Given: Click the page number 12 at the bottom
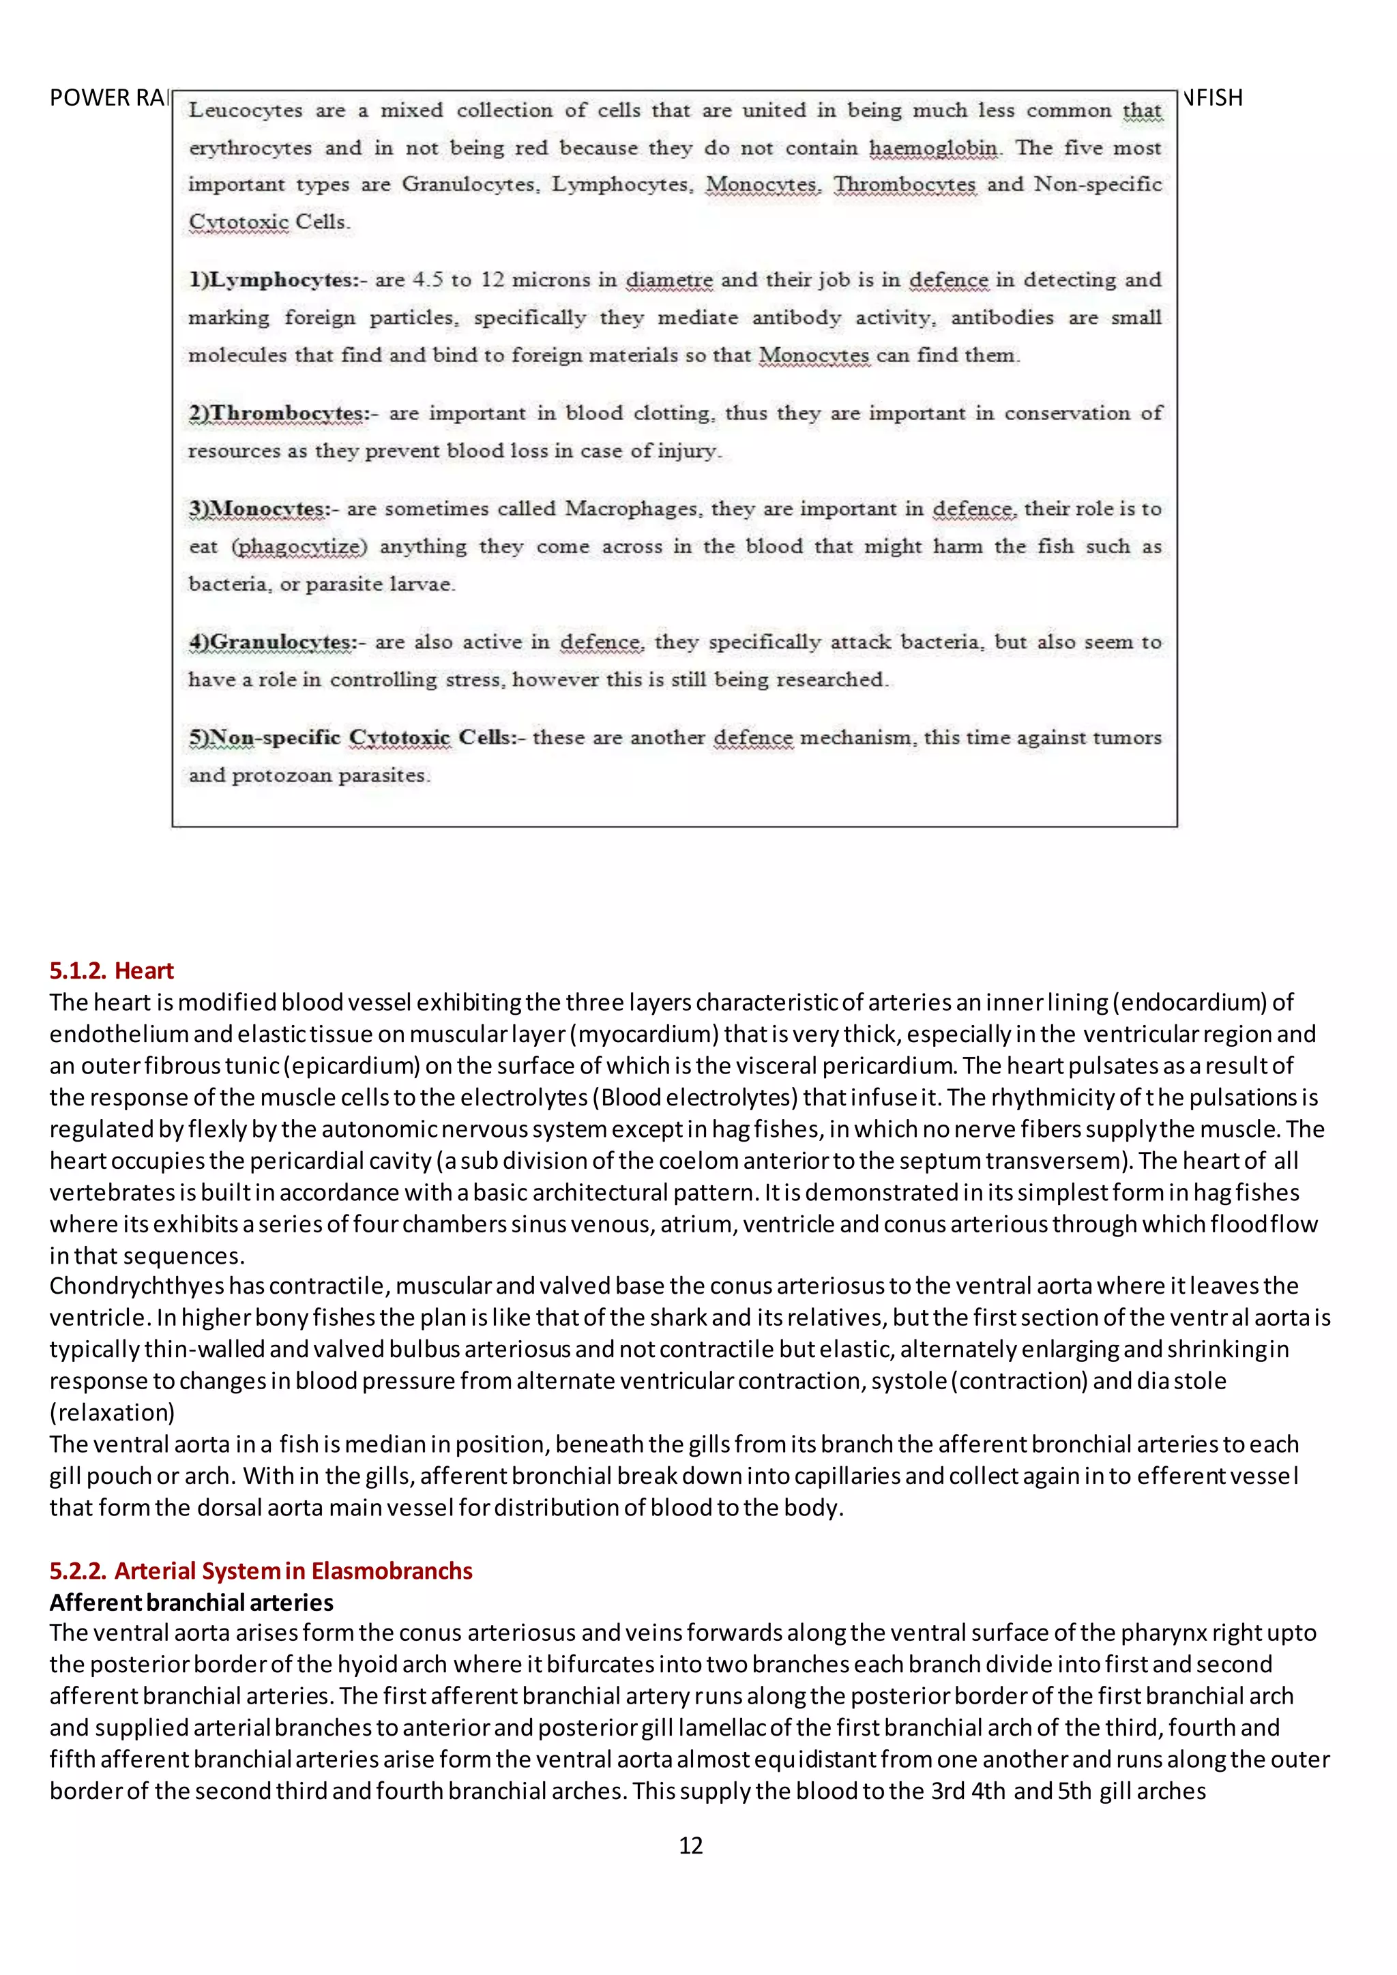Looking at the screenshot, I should [691, 1845].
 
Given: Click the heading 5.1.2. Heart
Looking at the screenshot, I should [111, 970].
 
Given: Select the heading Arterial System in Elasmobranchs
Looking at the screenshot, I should [293, 1571].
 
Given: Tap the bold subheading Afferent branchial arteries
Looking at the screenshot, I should [191, 1603].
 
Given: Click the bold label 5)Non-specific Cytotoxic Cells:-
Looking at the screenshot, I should [356, 738].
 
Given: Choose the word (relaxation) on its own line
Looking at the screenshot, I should [112, 1412].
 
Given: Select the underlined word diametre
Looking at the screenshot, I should [668, 280].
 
